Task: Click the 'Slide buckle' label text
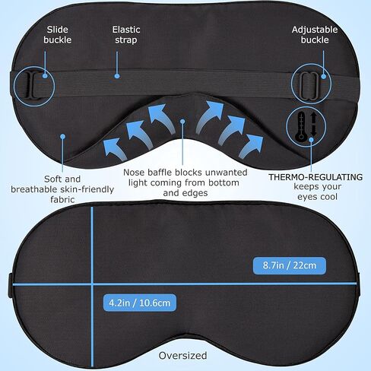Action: pos(58,35)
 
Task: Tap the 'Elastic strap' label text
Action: pos(126,35)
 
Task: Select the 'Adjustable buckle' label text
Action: pos(315,35)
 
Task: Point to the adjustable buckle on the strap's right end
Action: pos(309,86)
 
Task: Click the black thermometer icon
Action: pos(301,126)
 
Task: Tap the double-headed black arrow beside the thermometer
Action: pos(314,124)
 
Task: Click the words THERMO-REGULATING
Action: pos(316,177)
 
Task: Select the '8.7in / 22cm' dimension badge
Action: pos(290,265)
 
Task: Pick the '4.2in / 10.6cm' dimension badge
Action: pos(140,303)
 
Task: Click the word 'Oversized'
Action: pos(182,356)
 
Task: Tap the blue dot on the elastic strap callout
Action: pos(117,76)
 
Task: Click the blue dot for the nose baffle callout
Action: pos(182,122)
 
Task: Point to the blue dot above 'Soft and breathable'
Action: pos(62,137)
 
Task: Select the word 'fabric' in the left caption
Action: pos(62,200)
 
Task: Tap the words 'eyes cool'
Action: pos(317,197)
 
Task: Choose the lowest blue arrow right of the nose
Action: pos(252,147)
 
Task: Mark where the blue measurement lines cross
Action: pos(92,284)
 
